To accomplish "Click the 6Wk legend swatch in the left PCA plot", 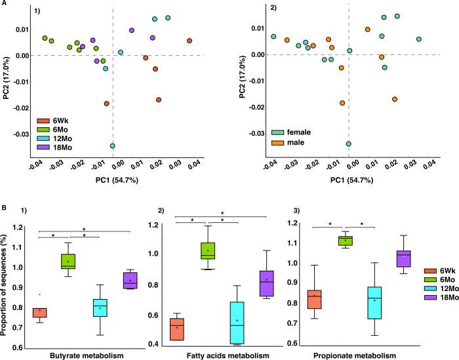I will pos(44,120).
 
